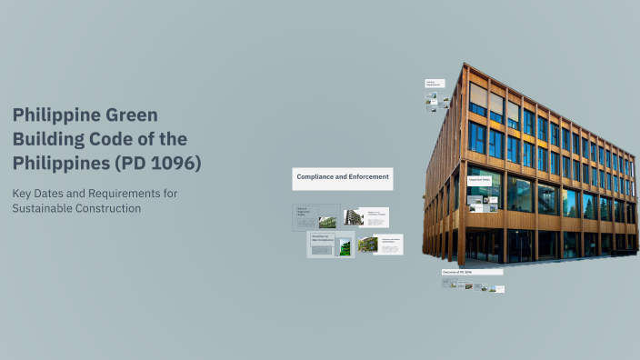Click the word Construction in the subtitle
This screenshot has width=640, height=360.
tap(114, 208)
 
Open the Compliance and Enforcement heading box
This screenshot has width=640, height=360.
tap(342, 178)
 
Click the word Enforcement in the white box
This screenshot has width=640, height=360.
tap(366, 176)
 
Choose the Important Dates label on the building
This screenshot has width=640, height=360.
tap(480, 180)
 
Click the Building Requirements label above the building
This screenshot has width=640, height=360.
tap(434, 84)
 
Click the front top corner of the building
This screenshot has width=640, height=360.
tap(464, 66)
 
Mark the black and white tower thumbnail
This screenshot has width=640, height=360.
tap(353, 218)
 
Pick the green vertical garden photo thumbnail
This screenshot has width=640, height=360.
tap(345, 245)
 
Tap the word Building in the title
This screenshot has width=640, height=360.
tap(48, 139)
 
